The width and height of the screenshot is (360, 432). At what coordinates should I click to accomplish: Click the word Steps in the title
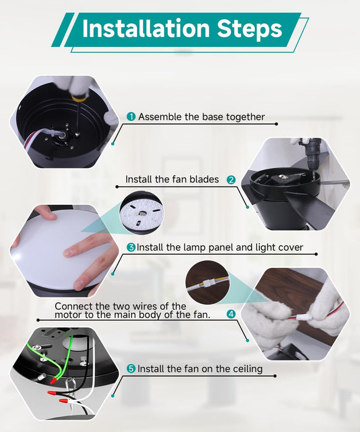249,30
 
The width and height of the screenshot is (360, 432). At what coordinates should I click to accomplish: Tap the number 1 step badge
131,117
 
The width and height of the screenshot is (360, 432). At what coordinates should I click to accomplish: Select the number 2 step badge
231,180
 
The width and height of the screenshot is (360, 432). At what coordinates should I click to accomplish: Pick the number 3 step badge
131,247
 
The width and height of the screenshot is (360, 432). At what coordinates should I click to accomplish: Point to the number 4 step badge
231,314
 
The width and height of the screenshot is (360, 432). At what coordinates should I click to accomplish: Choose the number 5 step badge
131,368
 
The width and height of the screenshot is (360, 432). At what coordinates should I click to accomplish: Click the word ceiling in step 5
248,369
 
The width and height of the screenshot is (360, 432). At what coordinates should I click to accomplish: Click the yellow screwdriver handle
80,96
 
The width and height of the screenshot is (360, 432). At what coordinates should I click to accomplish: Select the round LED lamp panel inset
142,212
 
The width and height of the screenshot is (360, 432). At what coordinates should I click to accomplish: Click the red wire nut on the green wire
54,381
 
